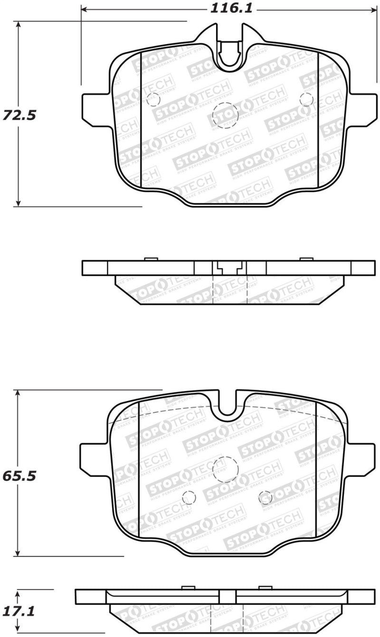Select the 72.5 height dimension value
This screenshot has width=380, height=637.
point(19,115)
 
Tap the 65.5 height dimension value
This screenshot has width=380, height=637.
point(19,475)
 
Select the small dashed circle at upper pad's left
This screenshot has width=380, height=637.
point(153,99)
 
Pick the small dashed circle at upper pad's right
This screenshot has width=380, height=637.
point(307,99)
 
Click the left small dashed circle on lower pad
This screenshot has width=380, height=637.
point(189,497)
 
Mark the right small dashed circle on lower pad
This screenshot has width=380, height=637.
point(266,497)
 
